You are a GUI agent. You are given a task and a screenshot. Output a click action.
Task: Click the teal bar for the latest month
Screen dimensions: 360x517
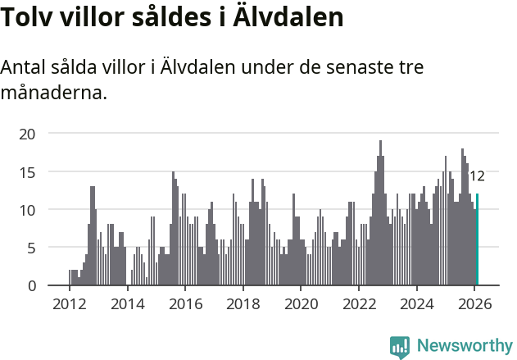coord(477,239)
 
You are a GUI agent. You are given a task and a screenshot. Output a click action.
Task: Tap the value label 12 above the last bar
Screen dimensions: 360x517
coord(477,175)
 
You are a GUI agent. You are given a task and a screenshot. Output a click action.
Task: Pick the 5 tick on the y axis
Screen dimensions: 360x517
coord(31,248)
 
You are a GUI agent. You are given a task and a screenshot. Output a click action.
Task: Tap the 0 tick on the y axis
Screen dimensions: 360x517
coord(31,285)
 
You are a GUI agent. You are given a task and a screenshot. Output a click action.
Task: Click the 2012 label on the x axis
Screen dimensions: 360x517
coord(69,304)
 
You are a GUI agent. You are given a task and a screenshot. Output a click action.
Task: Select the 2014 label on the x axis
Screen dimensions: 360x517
coord(127,304)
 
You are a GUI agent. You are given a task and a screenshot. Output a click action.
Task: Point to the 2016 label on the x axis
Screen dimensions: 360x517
coord(185,304)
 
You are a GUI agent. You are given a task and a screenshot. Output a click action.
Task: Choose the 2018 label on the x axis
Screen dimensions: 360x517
coord(243,304)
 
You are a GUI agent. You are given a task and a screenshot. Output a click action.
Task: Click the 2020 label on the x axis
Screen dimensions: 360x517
coord(301,304)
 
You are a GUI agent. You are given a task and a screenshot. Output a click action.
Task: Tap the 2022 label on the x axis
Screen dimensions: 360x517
coord(359,304)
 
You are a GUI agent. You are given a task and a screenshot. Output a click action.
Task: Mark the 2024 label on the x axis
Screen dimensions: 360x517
coord(417,304)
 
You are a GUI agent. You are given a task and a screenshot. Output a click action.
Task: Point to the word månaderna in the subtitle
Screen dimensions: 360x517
coord(53,93)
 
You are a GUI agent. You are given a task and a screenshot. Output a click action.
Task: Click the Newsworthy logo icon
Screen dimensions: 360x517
coord(400,346)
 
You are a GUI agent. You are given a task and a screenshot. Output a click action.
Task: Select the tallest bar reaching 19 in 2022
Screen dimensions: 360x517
coord(380,213)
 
